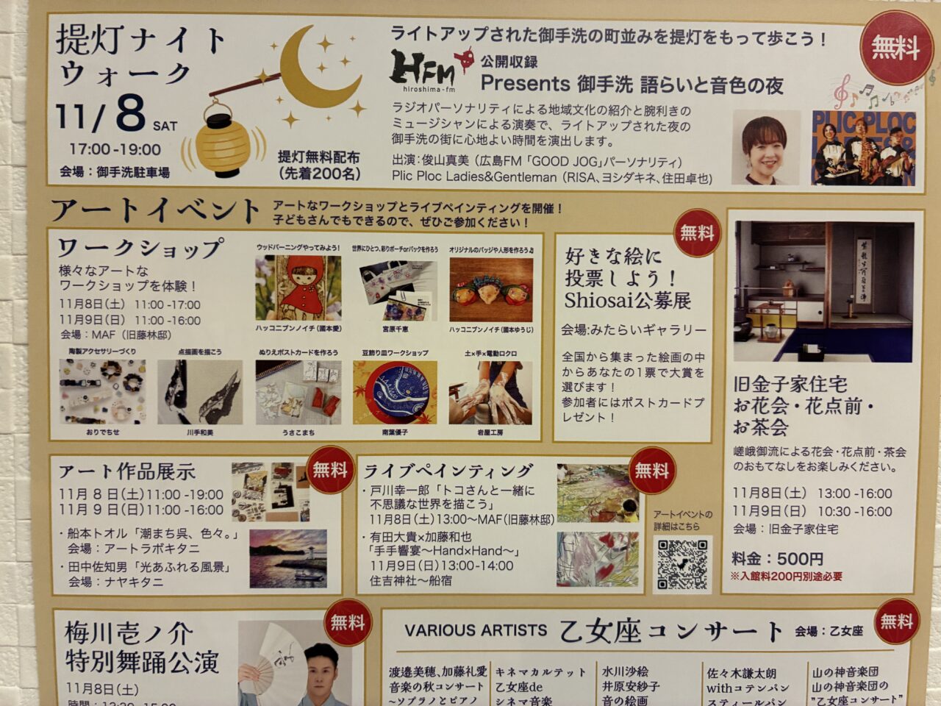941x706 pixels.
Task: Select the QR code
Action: point(681,564)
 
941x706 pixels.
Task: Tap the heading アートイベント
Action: point(155,210)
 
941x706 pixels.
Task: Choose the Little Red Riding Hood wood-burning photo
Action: point(298,288)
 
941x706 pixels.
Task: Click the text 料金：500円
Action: point(777,558)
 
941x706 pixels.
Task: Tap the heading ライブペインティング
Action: point(448,471)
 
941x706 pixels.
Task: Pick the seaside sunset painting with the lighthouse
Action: point(287,558)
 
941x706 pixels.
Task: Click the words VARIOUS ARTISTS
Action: point(475,630)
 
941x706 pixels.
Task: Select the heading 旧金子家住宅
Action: point(790,384)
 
